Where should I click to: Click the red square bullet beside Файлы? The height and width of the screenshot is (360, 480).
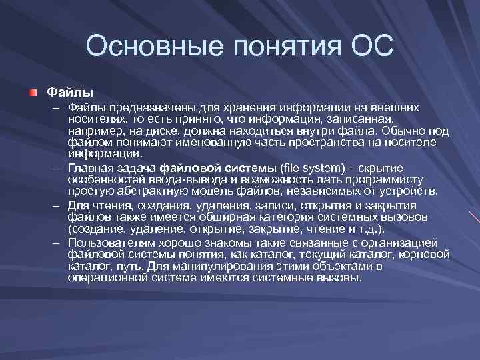[x=33, y=91]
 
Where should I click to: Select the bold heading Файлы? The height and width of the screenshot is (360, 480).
[x=69, y=91]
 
